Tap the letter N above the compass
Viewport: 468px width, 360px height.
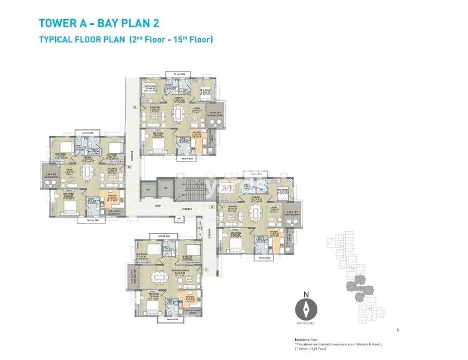[x=306, y=295]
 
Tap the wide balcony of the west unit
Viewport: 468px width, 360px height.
[x=50, y=175]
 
